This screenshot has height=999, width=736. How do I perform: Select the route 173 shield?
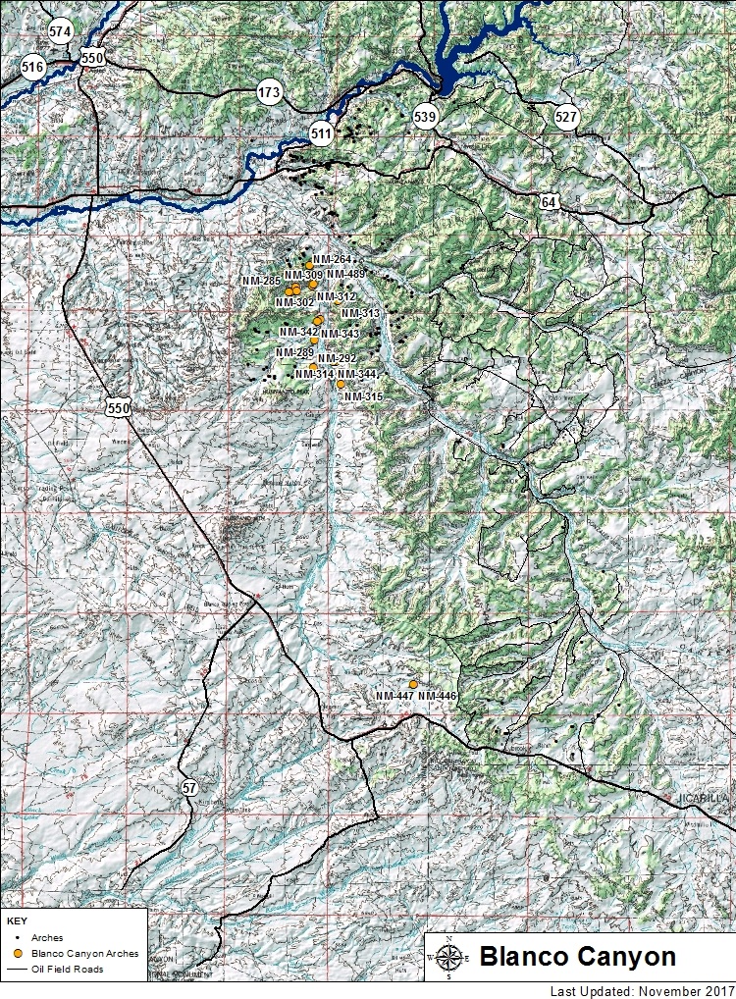pos(269,92)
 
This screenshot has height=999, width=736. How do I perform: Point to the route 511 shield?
pos(321,131)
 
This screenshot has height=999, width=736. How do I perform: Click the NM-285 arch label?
pos(261,281)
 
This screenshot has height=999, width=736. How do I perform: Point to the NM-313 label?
pos(360,313)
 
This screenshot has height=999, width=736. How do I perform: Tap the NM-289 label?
pos(294,352)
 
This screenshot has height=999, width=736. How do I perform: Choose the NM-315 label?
pos(362,395)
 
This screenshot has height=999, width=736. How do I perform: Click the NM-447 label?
pos(394,696)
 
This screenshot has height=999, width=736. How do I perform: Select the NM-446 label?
pos(438,696)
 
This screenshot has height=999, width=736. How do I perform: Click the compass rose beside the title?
pos(448,959)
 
